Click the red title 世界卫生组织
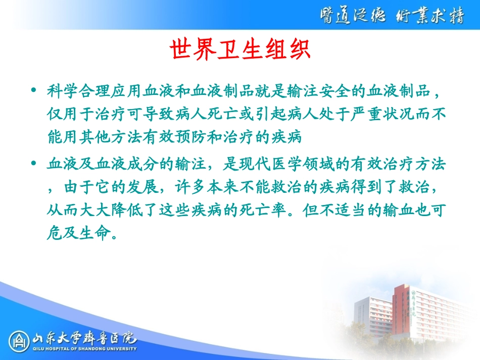pos(239,50)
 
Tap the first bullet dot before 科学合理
pos(34,91)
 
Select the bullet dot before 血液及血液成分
pos(34,164)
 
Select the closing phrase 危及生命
pos(76,233)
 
